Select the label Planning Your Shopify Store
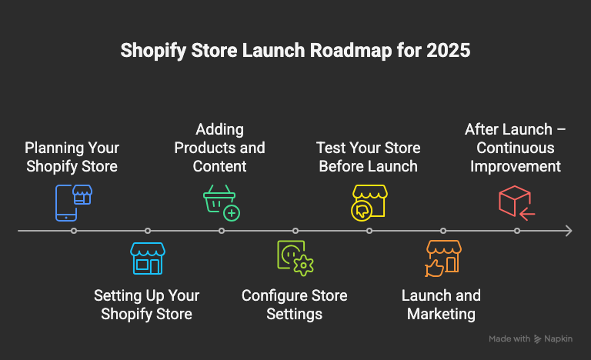[72, 156]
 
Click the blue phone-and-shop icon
[72, 202]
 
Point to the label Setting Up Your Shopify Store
[146, 305]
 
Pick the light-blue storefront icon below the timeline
[146, 258]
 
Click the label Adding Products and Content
[219, 147]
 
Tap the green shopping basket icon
[221, 202]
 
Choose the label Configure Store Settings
[295, 305]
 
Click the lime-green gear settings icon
[295, 258]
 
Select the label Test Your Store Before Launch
[368, 156]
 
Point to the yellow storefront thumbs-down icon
[368, 202]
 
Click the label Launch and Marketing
[442, 305]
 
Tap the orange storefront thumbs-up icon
[442, 258]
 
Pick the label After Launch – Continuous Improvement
[516, 147]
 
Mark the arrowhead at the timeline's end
[568, 231]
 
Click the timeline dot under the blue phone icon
[74, 231]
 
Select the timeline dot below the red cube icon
[517, 231]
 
